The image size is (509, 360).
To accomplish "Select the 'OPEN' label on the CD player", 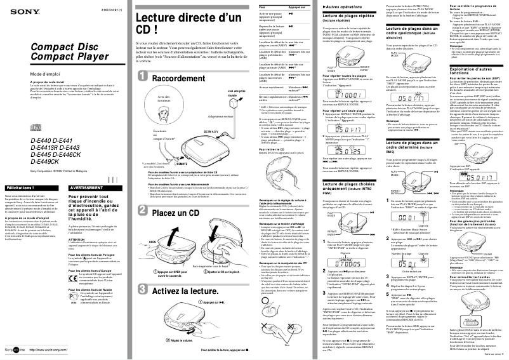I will [x=152, y=242].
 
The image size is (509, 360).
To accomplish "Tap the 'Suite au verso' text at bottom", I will [x=491, y=354].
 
